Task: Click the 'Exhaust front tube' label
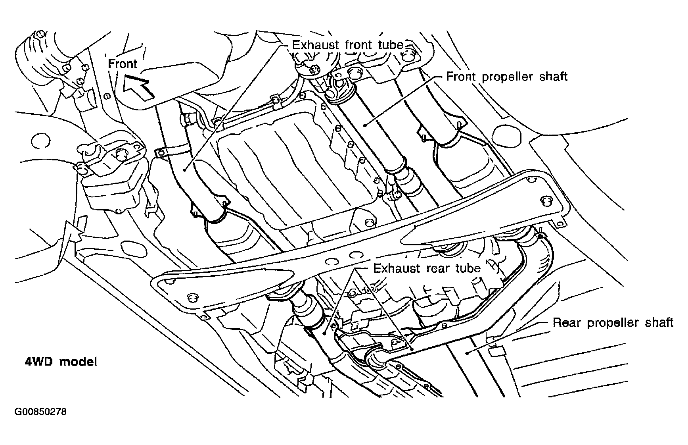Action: click(347, 45)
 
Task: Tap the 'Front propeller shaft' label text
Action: click(507, 77)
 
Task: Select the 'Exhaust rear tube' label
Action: click(427, 268)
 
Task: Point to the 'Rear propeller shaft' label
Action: click(613, 322)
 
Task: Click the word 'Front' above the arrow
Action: click(123, 64)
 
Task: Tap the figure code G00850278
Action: click(41, 412)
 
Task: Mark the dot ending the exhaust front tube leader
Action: click(185, 170)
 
